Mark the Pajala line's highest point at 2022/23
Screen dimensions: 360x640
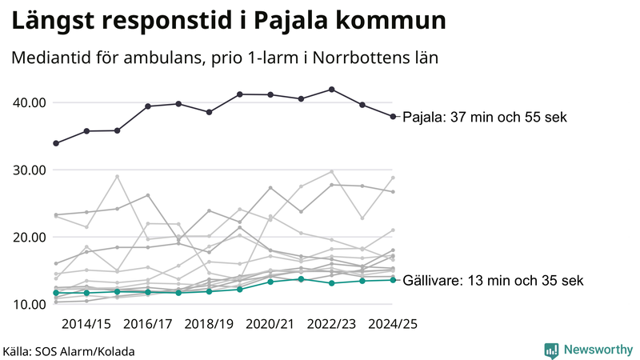click(x=332, y=90)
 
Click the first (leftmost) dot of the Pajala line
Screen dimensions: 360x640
click(x=56, y=143)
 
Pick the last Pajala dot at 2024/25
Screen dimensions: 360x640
click(x=393, y=117)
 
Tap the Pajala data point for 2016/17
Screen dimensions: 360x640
click(x=148, y=106)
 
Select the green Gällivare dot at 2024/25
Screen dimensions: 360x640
click(x=393, y=280)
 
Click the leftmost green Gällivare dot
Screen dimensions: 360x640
click(x=56, y=293)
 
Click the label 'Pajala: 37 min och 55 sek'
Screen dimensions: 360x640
click(x=484, y=118)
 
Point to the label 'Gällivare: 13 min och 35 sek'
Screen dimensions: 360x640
click(x=492, y=281)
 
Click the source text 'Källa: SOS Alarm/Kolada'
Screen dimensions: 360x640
click(x=69, y=350)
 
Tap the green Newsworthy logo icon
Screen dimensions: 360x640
click(x=551, y=350)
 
